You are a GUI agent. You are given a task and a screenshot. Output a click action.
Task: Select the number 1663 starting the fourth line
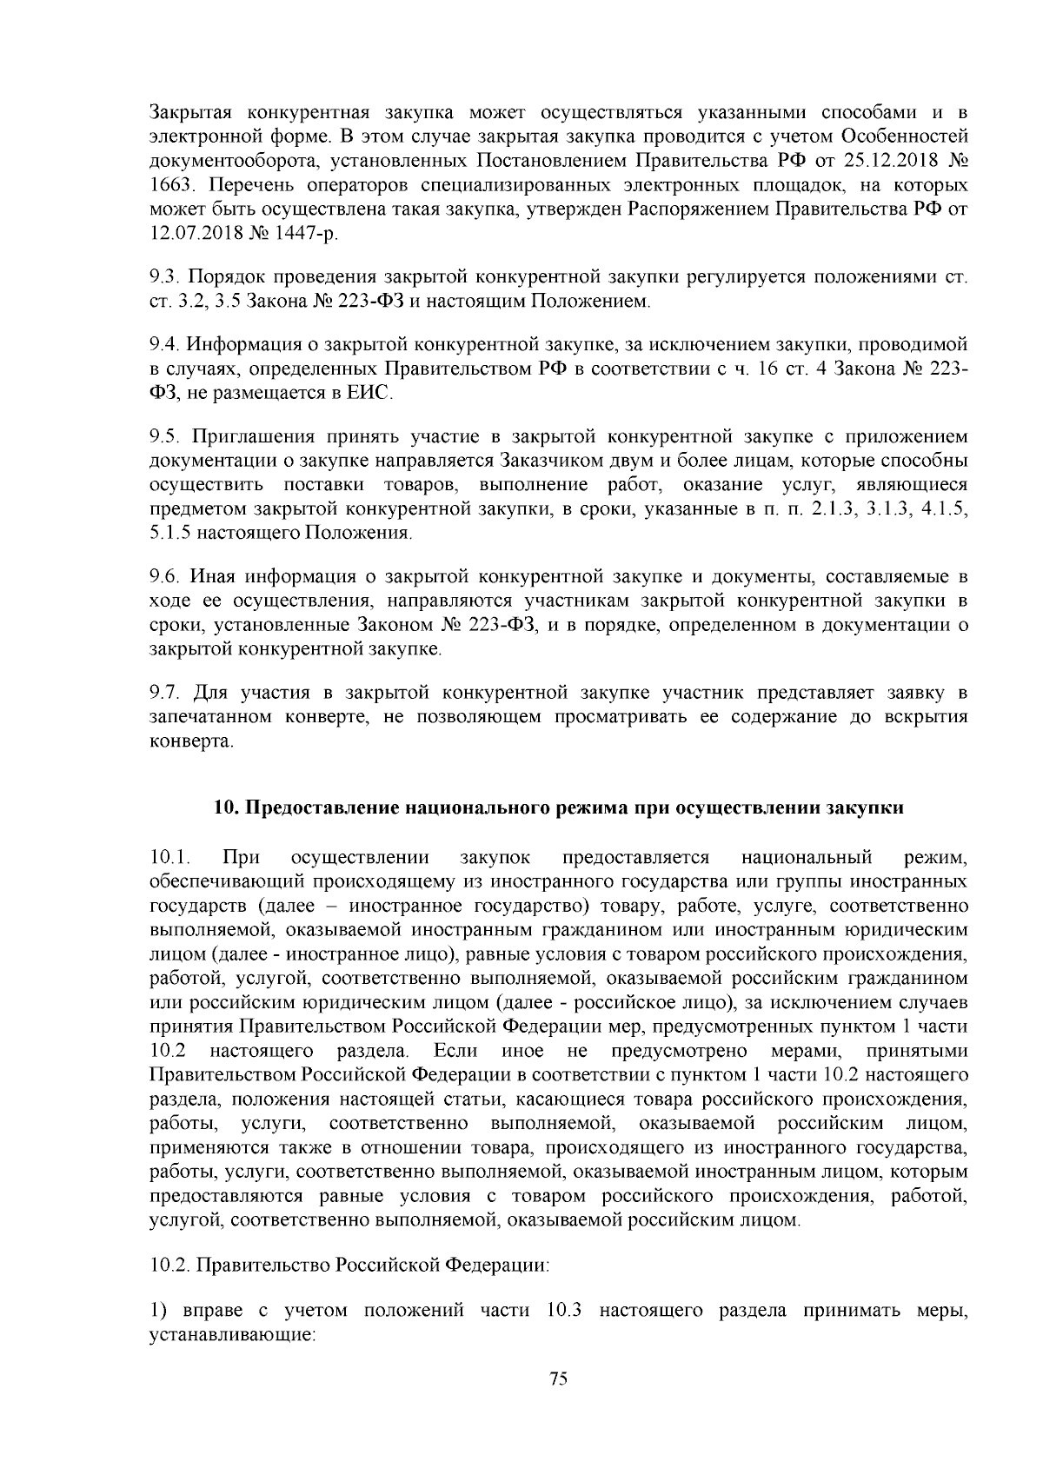(168, 186)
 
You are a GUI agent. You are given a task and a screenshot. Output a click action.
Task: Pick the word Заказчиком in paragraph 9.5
(545, 460)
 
